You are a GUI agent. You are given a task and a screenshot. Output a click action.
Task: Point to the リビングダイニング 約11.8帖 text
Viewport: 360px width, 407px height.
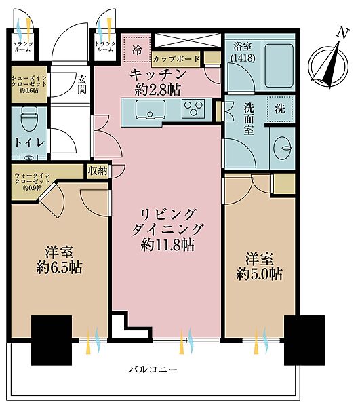(167, 229)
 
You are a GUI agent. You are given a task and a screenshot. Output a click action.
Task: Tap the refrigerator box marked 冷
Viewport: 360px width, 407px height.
(138, 50)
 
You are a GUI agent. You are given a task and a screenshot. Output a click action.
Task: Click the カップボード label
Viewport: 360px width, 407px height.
(176, 60)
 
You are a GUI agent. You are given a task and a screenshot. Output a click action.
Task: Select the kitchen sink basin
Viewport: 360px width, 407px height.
(146, 109)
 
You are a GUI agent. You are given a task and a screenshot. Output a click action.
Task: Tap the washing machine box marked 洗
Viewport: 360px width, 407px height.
(280, 107)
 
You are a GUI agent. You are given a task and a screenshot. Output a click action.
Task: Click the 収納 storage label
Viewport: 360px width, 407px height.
(98, 171)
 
